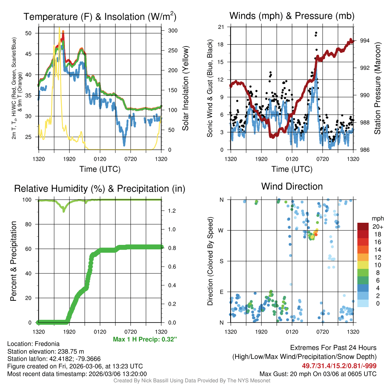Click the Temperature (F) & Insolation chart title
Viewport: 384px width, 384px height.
pyautogui.click(x=100, y=17)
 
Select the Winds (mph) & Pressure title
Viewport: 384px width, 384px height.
pyautogui.click(x=292, y=16)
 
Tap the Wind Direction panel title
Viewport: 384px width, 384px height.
pyautogui.click(x=292, y=186)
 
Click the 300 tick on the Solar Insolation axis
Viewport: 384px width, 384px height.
pyautogui.click(x=168, y=30)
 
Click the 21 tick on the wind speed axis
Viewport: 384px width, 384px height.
pyautogui.click(x=221, y=27)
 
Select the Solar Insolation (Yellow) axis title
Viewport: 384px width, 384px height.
pyautogui.click(x=186, y=88)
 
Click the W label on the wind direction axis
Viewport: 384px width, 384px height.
pyautogui.click(x=221, y=230)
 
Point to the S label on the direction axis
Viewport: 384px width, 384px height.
pyautogui.click(x=221, y=261)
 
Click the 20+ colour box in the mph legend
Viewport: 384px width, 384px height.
pyautogui.click(x=363, y=226)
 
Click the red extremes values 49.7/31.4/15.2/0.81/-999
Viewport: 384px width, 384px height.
pyautogui.click(x=339, y=366)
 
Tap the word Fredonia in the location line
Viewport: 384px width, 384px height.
pyautogui.click(x=46, y=343)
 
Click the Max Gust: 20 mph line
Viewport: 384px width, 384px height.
pyautogui.click(x=318, y=374)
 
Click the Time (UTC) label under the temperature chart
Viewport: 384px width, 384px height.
pyautogui.click(x=100, y=169)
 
